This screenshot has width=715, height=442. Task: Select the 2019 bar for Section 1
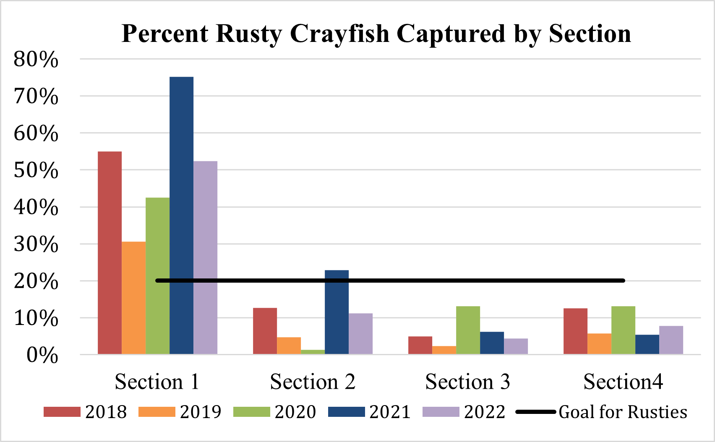pyautogui.click(x=133, y=298)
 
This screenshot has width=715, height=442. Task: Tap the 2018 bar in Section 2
pyautogui.click(x=265, y=331)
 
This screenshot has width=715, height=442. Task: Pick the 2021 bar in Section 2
pyautogui.click(x=337, y=312)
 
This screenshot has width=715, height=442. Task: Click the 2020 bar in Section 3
pyautogui.click(x=468, y=330)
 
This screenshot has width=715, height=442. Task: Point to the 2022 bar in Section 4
pyautogui.click(x=671, y=340)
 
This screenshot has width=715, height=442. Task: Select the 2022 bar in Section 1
pyautogui.click(x=205, y=257)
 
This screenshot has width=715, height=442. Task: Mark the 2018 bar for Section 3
pyautogui.click(x=420, y=346)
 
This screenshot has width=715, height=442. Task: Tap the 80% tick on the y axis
pyautogui.click(x=36, y=60)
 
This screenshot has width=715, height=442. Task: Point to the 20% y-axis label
pyautogui.click(x=36, y=281)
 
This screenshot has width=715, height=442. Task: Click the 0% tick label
pyautogui.click(x=42, y=355)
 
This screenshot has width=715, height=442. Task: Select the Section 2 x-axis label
pyautogui.click(x=313, y=382)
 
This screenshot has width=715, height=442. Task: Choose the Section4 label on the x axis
pyautogui.click(x=623, y=382)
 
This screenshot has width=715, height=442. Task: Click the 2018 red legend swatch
pyautogui.click(x=62, y=412)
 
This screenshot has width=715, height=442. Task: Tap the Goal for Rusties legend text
pyautogui.click(x=623, y=412)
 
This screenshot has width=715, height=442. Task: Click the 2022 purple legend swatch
pyautogui.click(x=441, y=412)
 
